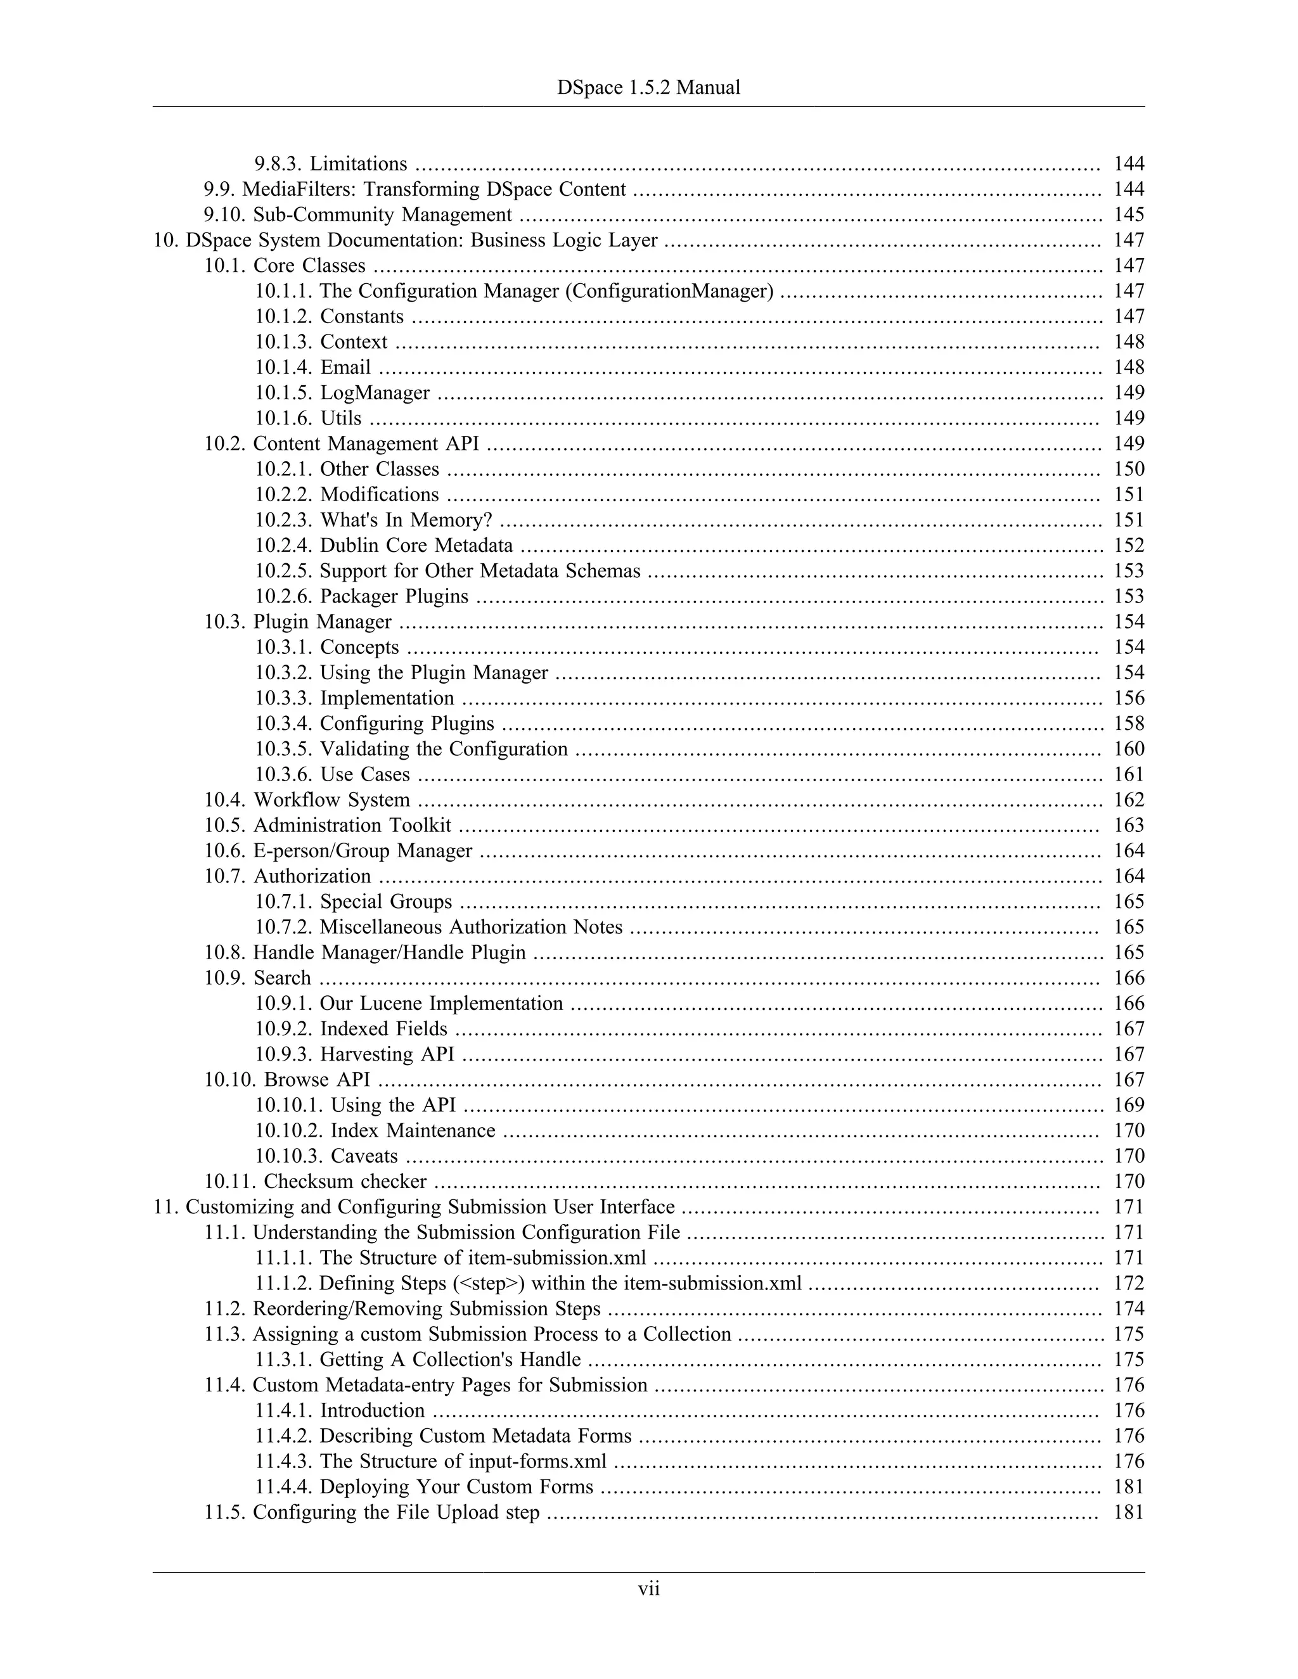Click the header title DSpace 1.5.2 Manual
648,87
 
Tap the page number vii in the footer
648,1588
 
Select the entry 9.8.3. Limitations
331,163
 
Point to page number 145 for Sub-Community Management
1128,215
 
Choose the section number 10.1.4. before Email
285,367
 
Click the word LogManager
375,393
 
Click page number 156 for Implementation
1128,698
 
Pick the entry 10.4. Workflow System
307,800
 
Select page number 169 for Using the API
1128,1105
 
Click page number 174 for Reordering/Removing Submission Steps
1128,1308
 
